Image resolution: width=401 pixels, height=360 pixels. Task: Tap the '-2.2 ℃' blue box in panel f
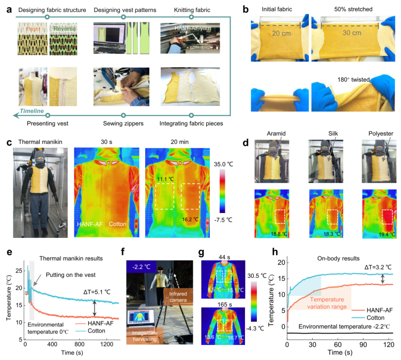pos(138,267)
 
